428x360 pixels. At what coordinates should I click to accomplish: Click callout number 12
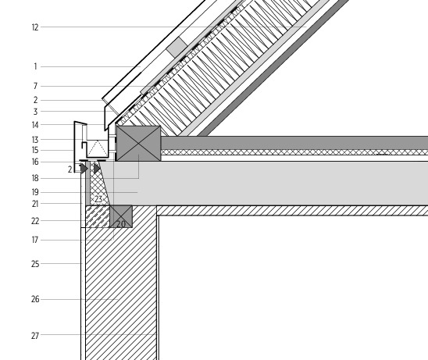coord(35,27)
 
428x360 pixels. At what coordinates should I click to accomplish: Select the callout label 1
coord(35,66)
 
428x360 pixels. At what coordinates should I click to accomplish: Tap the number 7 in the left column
coord(35,86)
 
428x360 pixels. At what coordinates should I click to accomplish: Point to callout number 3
coord(35,112)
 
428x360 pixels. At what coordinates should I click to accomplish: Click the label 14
coord(35,125)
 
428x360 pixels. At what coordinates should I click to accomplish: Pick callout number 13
coord(35,140)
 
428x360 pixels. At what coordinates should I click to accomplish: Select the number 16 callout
coord(35,162)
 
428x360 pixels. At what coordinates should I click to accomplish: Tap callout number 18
coord(35,178)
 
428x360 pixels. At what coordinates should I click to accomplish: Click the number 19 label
coord(35,192)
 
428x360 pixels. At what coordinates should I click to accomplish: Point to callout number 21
coord(35,204)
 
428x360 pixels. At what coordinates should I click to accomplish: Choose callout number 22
coord(35,221)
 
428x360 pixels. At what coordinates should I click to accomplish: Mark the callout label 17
coord(35,240)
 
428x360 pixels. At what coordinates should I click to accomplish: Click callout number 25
coord(35,264)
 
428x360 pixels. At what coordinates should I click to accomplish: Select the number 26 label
coord(35,299)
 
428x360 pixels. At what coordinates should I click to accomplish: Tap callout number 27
coord(35,336)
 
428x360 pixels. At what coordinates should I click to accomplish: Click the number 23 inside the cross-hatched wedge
coord(98,199)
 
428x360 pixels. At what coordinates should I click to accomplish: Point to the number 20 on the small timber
coord(121,224)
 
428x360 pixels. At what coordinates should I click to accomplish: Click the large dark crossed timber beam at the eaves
coord(138,143)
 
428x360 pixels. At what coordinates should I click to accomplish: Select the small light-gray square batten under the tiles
coord(177,47)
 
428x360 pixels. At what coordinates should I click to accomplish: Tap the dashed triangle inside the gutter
coord(97,148)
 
